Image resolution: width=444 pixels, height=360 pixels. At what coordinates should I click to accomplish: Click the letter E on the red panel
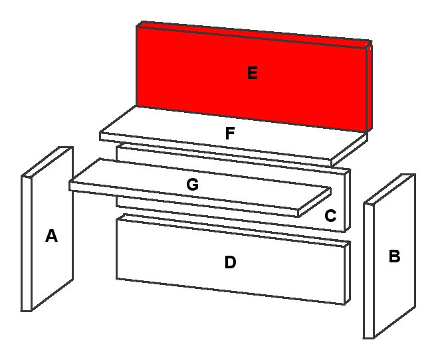coord(253,73)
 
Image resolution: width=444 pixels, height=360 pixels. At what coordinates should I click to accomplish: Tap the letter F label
coord(230,134)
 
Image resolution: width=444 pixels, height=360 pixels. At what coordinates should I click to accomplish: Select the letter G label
coord(192,185)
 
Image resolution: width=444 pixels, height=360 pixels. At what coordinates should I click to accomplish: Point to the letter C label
coord(330,216)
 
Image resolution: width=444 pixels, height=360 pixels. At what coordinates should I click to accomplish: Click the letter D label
coord(230,262)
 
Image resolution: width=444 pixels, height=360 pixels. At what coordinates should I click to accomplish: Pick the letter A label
coord(51,236)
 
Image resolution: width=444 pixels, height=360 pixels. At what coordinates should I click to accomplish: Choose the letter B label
coord(394,256)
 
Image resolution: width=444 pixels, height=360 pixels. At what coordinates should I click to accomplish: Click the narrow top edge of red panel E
coord(254,33)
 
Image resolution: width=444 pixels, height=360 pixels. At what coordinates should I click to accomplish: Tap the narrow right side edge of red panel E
coord(369,87)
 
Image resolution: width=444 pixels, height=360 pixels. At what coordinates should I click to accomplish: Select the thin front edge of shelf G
coord(184,200)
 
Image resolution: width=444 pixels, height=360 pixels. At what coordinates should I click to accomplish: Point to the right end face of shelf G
coord(315,202)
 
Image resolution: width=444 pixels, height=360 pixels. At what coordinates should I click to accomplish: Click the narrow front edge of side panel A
coord(27,244)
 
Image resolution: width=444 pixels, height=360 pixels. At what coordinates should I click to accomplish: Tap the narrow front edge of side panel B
coord(369,270)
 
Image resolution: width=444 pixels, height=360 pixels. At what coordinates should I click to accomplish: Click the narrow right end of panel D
coord(348,273)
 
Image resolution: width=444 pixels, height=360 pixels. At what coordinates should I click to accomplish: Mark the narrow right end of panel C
coord(348,201)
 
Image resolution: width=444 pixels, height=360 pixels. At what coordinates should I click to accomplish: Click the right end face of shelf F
coord(350,150)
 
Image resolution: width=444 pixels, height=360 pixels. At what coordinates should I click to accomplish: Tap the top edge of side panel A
coord(47,161)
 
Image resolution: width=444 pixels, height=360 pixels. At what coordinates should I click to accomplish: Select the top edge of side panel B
coord(389,189)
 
